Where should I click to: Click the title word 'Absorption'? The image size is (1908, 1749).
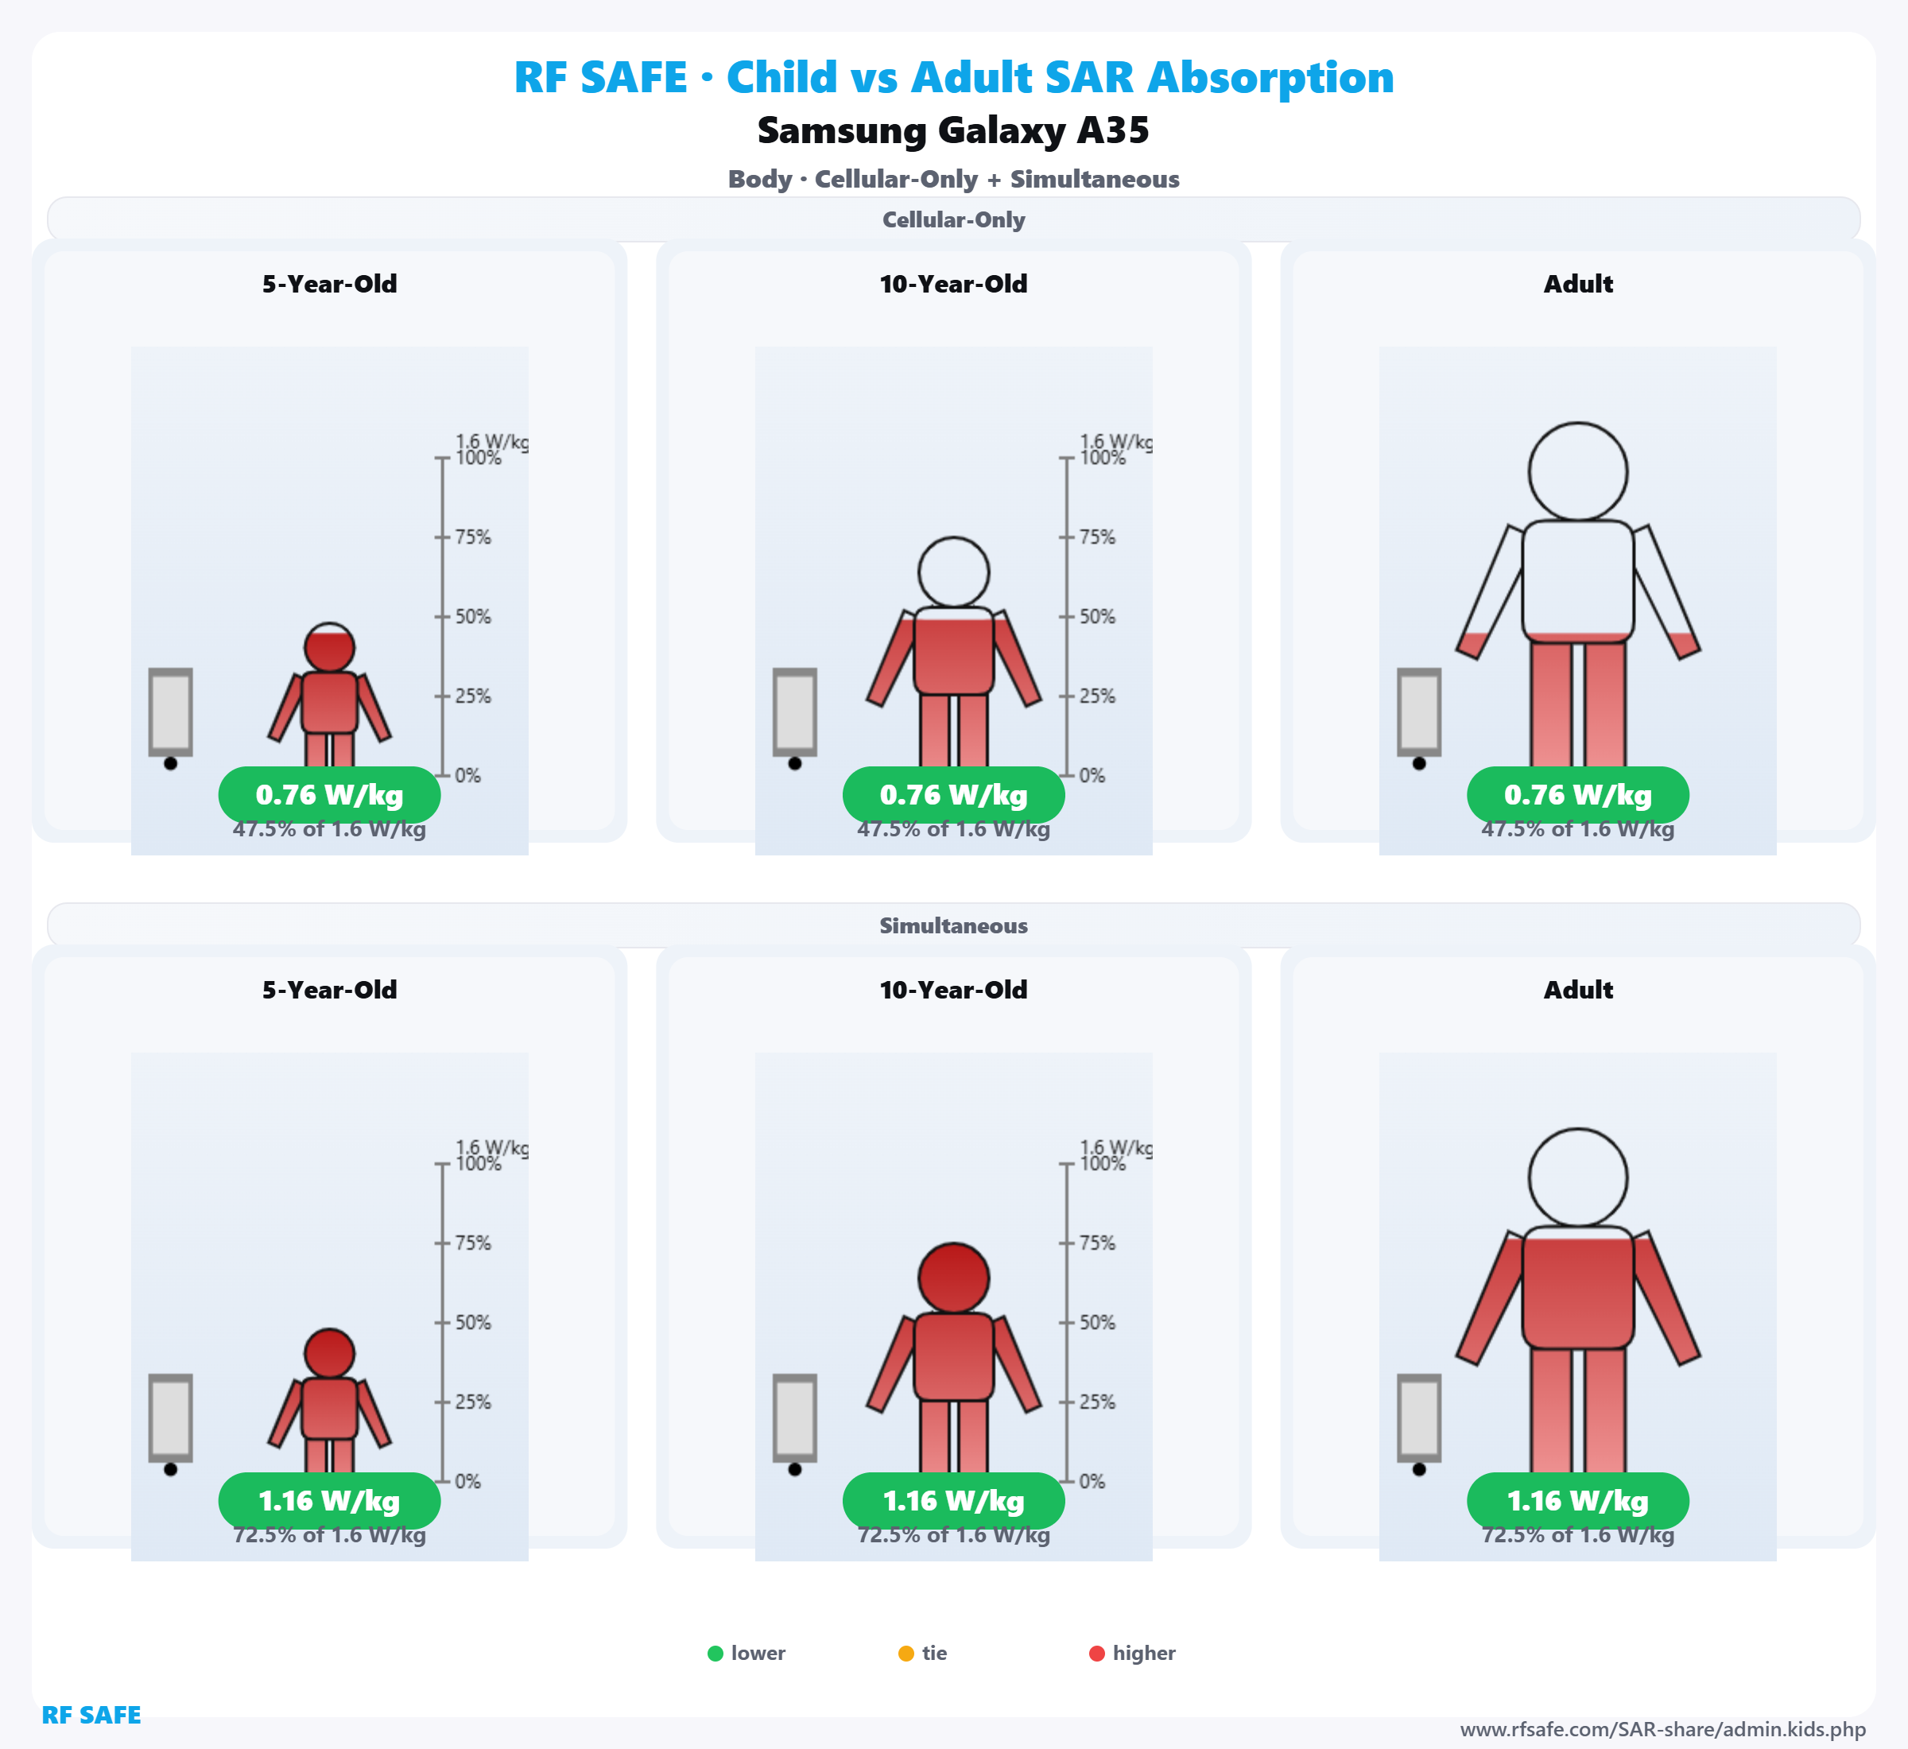click(x=1270, y=78)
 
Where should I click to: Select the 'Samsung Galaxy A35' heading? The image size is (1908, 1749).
click(x=953, y=130)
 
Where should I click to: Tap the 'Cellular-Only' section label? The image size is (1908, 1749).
click(x=953, y=219)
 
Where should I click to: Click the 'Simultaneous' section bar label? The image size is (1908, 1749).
click(x=953, y=925)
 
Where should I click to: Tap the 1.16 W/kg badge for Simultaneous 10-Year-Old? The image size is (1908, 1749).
click(x=953, y=1501)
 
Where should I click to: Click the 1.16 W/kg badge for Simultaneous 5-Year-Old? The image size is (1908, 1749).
click(x=329, y=1501)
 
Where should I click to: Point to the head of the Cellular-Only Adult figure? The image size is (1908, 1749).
click(x=1578, y=471)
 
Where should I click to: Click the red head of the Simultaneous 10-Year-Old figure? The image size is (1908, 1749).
click(x=953, y=1278)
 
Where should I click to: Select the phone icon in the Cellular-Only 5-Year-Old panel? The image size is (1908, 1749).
click(x=170, y=712)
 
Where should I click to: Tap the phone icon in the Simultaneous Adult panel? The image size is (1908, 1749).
click(x=1419, y=1417)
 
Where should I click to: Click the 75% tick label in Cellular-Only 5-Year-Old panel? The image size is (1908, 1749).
click(x=472, y=537)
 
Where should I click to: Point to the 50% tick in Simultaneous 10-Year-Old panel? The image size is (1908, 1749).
click(x=1097, y=1322)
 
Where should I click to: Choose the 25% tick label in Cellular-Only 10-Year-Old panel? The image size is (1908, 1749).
click(x=1097, y=696)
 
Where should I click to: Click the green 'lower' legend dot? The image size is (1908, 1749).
click(x=715, y=1654)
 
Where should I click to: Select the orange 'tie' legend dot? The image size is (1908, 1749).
click(x=906, y=1654)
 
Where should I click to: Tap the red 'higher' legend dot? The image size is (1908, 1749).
click(x=1097, y=1654)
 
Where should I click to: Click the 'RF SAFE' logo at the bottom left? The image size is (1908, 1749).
click(x=91, y=1715)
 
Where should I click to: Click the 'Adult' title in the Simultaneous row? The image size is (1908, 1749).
click(x=1578, y=990)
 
